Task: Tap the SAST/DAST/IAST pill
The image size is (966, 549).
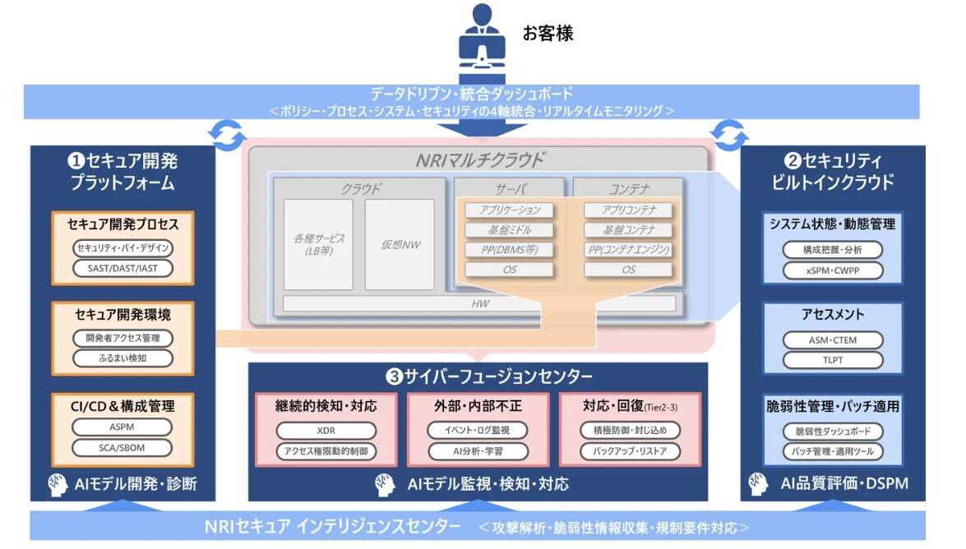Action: point(122,267)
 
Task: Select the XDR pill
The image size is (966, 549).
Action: point(326,431)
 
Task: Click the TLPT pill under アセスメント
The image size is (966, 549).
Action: point(832,360)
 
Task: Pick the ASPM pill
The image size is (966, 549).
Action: point(122,427)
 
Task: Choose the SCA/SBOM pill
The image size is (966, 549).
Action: point(122,447)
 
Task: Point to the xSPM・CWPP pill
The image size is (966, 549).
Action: point(832,270)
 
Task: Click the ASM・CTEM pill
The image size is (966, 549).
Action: point(832,340)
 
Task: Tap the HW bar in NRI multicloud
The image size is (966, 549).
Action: point(479,303)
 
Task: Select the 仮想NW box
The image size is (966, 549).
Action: point(400,244)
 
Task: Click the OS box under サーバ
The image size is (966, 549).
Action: point(509,270)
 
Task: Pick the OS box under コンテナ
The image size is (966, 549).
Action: point(628,270)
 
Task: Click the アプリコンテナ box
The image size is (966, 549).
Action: point(628,210)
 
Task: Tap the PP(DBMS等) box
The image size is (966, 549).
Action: point(509,250)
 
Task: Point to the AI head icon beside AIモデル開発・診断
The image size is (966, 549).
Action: point(57,483)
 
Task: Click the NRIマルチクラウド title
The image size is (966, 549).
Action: point(479,159)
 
